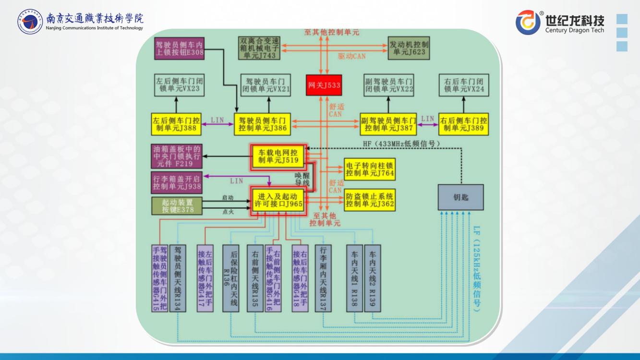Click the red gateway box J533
[x=324, y=85]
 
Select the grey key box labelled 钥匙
[x=460, y=197]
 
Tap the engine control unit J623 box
[x=408, y=48]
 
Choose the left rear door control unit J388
[x=175, y=124]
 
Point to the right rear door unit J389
[x=463, y=124]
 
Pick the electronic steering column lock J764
[x=370, y=169]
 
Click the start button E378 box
[x=177, y=205]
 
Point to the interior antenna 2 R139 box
[x=373, y=278]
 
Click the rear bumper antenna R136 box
[x=230, y=278]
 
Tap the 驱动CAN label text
[x=351, y=56]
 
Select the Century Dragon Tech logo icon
[x=528, y=23]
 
